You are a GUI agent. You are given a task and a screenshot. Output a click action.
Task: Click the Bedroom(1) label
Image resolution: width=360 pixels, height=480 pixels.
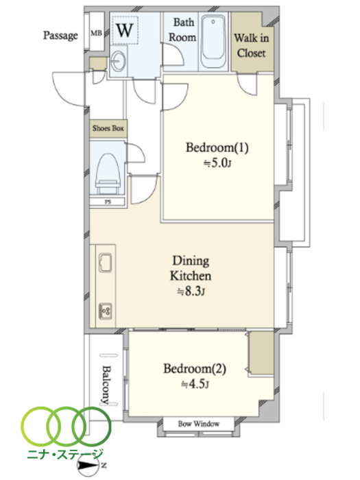[217, 148]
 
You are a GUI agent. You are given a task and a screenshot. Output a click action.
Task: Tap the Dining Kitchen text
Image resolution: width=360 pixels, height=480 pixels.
[191, 268]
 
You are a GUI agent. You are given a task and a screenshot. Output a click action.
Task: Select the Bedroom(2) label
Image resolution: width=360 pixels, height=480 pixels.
[194, 369]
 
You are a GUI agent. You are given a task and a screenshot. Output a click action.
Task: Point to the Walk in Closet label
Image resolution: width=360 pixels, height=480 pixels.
[252, 46]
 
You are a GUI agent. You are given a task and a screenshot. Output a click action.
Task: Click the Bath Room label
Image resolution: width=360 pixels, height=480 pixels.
[183, 29]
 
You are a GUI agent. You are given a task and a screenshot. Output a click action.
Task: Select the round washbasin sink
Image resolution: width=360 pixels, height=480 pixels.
[118, 61]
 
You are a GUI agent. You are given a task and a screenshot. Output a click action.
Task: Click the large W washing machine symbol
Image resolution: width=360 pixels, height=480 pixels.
[125, 30]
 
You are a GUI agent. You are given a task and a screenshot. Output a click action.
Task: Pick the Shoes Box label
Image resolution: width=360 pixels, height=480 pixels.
[108, 128]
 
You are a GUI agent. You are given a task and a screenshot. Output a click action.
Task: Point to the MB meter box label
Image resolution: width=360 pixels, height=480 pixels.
[96, 33]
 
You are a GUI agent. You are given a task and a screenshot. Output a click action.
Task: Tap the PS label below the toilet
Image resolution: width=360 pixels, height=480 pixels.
[108, 202]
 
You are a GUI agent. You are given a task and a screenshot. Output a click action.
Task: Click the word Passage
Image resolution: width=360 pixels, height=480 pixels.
[60, 36]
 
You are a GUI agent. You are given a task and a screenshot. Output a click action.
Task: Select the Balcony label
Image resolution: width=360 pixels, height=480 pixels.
[106, 384]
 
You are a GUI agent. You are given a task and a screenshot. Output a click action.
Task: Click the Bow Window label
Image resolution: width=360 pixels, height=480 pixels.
[199, 424]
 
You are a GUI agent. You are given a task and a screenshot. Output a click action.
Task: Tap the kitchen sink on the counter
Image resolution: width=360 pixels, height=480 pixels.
[106, 263]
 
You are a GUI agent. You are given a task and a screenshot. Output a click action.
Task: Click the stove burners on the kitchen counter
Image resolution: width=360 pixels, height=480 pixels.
[106, 311]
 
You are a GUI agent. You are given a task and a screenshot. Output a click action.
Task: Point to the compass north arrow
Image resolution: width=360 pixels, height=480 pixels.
[91, 466]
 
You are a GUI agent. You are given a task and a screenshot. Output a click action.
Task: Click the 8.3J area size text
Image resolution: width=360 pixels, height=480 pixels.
[191, 291]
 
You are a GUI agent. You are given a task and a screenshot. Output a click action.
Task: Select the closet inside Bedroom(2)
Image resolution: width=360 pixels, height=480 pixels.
[261, 353]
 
